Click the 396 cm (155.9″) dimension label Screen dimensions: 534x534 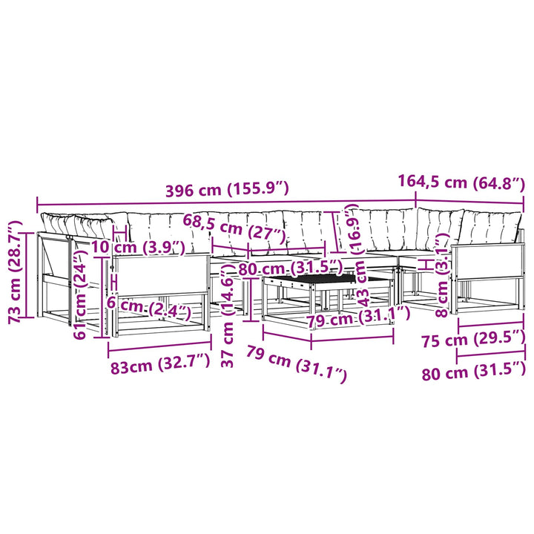tap(227, 189)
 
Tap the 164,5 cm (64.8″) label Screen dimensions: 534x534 tap(461, 182)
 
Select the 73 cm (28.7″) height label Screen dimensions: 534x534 tap(16, 271)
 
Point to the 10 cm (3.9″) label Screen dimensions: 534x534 tap(138, 247)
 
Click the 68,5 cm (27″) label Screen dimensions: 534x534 tap(234, 228)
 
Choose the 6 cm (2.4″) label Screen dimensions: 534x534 tap(148, 307)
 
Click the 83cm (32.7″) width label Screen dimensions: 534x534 tap(160, 364)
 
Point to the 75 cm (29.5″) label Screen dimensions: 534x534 tap(473, 338)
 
